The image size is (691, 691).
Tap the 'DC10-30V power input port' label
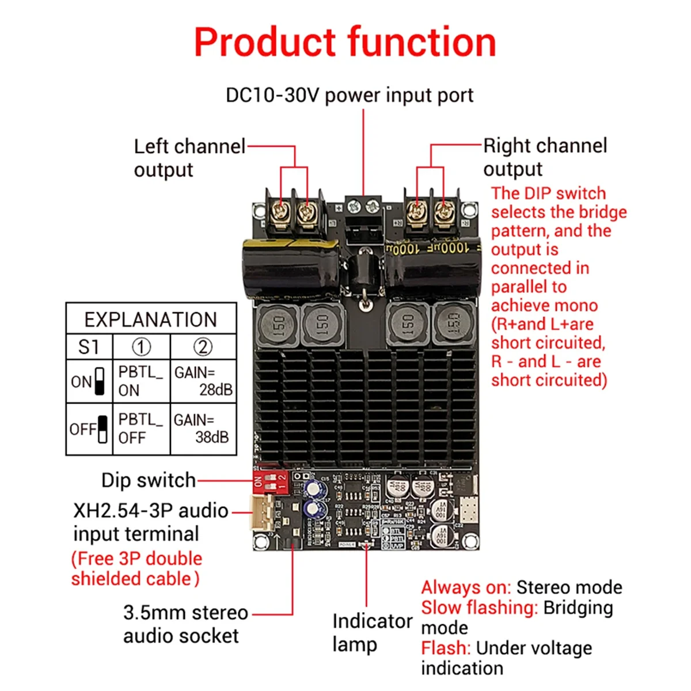pos(349,95)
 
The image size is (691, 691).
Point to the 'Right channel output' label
pos(545,157)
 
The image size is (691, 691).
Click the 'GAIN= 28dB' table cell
pos(203,381)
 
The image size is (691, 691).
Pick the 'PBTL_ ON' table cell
pos(141,381)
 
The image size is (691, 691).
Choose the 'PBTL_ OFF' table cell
pos(141,428)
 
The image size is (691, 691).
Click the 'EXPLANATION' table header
pos(151,320)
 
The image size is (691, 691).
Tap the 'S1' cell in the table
pos(89,347)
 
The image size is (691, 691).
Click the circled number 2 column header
pos(203,347)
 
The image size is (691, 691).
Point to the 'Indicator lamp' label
pos(372,632)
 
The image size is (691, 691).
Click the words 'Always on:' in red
pos(465,587)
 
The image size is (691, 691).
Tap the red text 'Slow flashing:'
pos(479,608)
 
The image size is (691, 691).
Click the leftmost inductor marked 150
pos(278,326)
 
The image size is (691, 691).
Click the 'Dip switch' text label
pos(148,480)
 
